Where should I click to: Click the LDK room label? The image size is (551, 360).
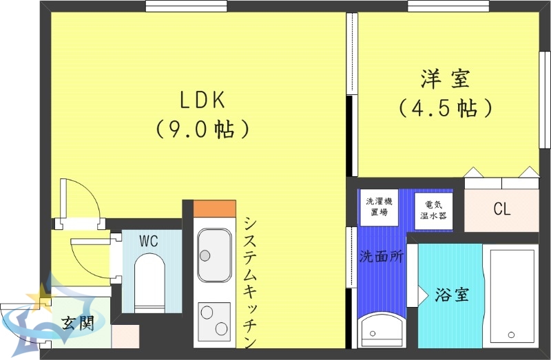[202, 100]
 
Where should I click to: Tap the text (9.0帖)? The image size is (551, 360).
[202, 129]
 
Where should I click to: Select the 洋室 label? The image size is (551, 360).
[446, 78]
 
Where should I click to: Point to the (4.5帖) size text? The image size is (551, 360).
[446, 108]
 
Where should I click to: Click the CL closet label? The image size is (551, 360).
[502, 209]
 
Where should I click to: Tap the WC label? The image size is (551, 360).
[149, 241]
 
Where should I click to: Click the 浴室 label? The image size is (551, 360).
[452, 295]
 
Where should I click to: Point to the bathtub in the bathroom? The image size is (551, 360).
[512, 297]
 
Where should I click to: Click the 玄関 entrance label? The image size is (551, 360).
[76, 324]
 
